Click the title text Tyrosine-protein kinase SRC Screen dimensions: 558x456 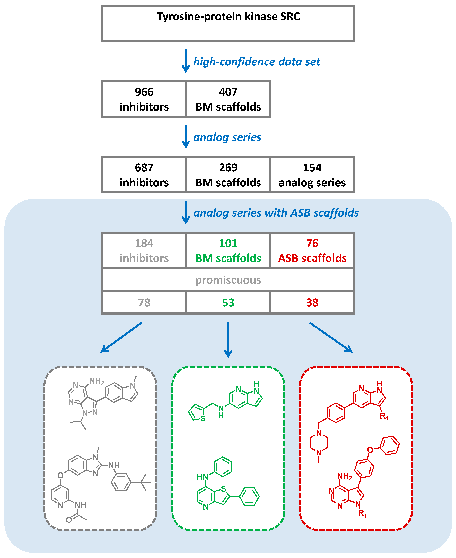coord(228,16)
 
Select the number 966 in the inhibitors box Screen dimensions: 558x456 coord(144,92)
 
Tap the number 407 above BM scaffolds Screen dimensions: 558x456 coord(228,92)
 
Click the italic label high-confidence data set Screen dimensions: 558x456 coord(257,62)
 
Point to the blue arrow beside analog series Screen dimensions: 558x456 coord(186,137)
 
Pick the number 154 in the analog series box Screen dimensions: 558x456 coord(312,168)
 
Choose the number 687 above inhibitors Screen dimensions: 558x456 coord(144,168)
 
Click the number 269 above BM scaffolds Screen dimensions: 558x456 coord(228,168)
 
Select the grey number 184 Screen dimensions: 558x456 coord(144,243)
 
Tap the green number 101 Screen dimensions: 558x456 coord(228,243)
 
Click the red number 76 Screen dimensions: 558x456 coord(312,243)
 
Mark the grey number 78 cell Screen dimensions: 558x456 coord(144,302)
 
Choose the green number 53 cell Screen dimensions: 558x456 coord(228,302)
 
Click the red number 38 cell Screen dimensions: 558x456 coord(312,302)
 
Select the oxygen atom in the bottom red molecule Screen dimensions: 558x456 coord(370,450)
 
